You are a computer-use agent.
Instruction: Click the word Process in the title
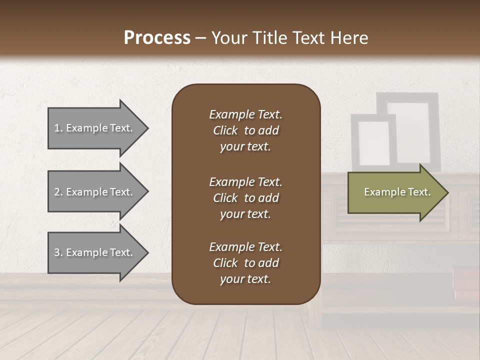point(157,38)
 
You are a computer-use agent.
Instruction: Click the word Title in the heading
point(269,38)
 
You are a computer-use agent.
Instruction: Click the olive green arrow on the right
point(395,192)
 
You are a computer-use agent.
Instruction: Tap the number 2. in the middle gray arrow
point(58,192)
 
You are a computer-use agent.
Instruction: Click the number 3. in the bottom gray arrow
point(58,253)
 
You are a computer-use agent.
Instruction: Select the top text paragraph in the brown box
point(245,130)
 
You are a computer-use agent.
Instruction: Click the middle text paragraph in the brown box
point(245,198)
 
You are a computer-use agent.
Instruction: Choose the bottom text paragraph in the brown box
point(245,263)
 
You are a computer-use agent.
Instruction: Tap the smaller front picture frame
point(373,142)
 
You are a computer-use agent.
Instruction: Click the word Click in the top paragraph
point(225,130)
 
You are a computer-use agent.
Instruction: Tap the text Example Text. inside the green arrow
point(397,192)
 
